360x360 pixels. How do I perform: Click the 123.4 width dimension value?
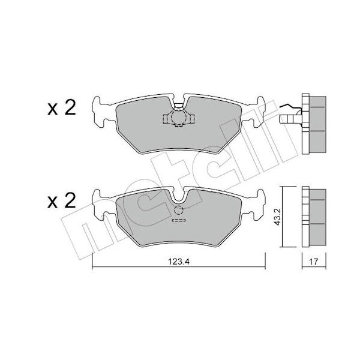179,262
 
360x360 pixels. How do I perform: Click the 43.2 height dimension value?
277,217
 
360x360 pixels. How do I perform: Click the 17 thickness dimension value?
314,262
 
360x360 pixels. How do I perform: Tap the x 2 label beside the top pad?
62,108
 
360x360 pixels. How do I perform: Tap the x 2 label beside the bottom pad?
62,201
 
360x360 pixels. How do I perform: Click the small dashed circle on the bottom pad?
179,211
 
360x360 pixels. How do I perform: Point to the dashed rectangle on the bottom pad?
179,220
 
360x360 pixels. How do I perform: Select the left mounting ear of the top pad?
98,112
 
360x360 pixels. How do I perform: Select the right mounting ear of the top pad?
259,112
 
